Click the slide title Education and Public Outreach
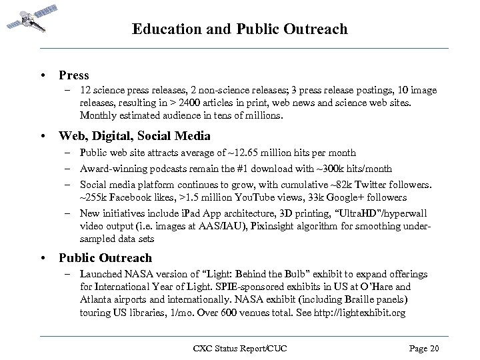240,29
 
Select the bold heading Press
73,75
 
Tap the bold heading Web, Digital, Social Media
135,136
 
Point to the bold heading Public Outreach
105,258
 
